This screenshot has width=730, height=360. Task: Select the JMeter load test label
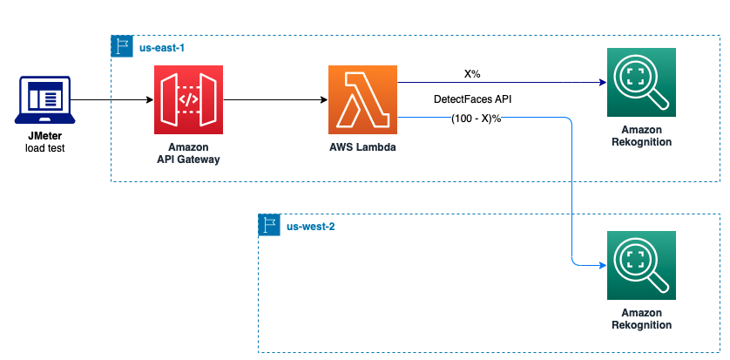(x=45, y=142)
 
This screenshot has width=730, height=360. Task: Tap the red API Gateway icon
(x=188, y=99)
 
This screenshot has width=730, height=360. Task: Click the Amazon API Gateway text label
(x=188, y=153)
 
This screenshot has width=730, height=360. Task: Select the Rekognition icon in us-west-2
(x=641, y=264)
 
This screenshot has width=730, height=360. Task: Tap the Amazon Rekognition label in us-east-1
(x=641, y=135)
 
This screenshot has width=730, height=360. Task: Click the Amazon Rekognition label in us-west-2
(x=641, y=318)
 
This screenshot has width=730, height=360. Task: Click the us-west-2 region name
(x=311, y=227)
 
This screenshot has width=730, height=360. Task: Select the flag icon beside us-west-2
(x=269, y=226)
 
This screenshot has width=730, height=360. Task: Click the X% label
(x=472, y=74)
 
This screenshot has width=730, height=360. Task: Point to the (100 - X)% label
(x=476, y=118)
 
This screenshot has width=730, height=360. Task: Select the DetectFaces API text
(x=472, y=100)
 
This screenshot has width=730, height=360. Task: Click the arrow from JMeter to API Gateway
(x=113, y=100)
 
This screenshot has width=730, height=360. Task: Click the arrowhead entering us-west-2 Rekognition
(x=600, y=264)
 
